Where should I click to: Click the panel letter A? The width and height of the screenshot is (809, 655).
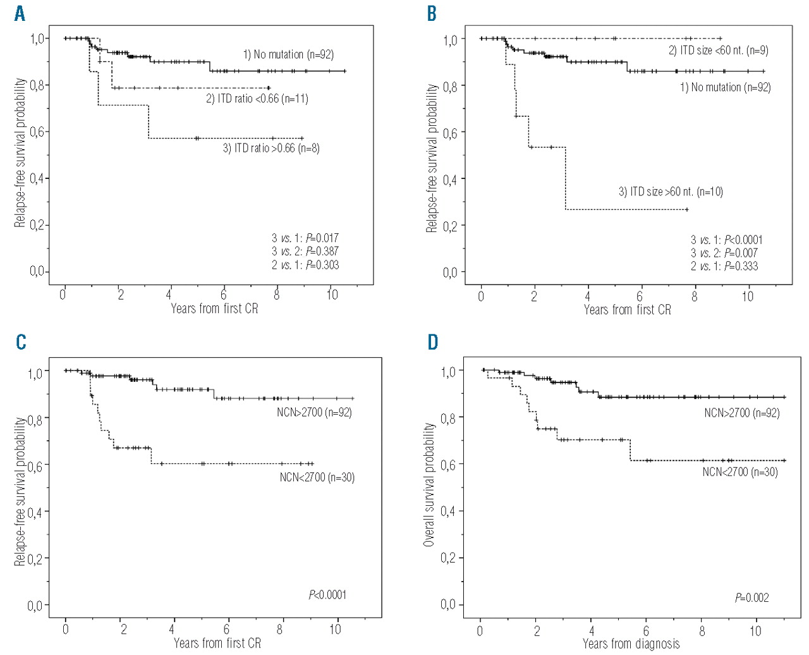(x=20, y=13)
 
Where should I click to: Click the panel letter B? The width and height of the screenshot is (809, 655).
(x=432, y=13)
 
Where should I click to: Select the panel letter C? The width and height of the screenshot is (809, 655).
(x=21, y=342)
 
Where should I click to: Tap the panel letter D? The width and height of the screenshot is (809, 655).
(x=432, y=342)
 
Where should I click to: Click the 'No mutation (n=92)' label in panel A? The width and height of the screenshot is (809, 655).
(x=288, y=54)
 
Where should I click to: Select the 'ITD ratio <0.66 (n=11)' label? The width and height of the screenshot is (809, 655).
(x=257, y=99)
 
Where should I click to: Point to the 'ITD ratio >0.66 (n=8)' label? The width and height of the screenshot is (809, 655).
(x=271, y=149)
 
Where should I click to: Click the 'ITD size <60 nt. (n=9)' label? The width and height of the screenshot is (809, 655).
(x=718, y=51)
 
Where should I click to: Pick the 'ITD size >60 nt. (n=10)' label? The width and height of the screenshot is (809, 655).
(x=670, y=192)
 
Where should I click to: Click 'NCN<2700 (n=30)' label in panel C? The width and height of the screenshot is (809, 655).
(x=317, y=477)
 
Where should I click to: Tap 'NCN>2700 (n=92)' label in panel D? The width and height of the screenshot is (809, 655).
(x=741, y=413)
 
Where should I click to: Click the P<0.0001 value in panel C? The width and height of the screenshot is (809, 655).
(x=327, y=594)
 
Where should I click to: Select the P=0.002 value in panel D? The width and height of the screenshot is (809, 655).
(x=751, y=597)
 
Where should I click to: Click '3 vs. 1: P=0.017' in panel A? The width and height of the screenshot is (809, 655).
(x=305, y=238)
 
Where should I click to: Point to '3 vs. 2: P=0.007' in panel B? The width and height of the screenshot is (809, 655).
(x=724, y=253)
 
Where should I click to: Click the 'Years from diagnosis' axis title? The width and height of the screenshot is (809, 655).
(x=631, y=644)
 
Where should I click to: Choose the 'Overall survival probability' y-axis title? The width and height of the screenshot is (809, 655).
(x=429, y=484)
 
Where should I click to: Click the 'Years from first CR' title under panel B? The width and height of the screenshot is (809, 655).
(x=627, y=310)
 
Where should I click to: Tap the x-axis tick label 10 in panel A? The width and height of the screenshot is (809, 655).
(x=332, y=295)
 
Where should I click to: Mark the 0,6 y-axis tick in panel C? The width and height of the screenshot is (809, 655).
(x=35, y=465)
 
